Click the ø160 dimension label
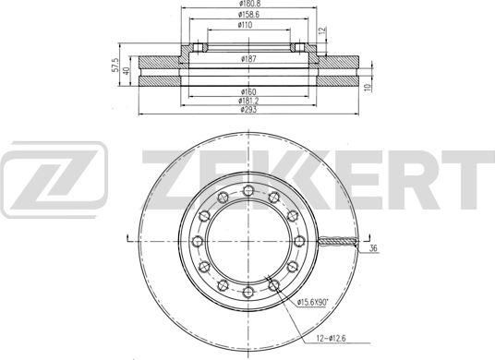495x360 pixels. (247, 91)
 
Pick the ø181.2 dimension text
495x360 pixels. (247, 101)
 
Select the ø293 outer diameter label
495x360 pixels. (247, 110)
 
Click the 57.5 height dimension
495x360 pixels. (115, 69)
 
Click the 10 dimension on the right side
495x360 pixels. (368, 87)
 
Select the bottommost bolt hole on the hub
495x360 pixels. (248, 289)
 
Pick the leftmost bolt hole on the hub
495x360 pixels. (199, 239)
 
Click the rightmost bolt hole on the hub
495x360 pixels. (298, 239)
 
